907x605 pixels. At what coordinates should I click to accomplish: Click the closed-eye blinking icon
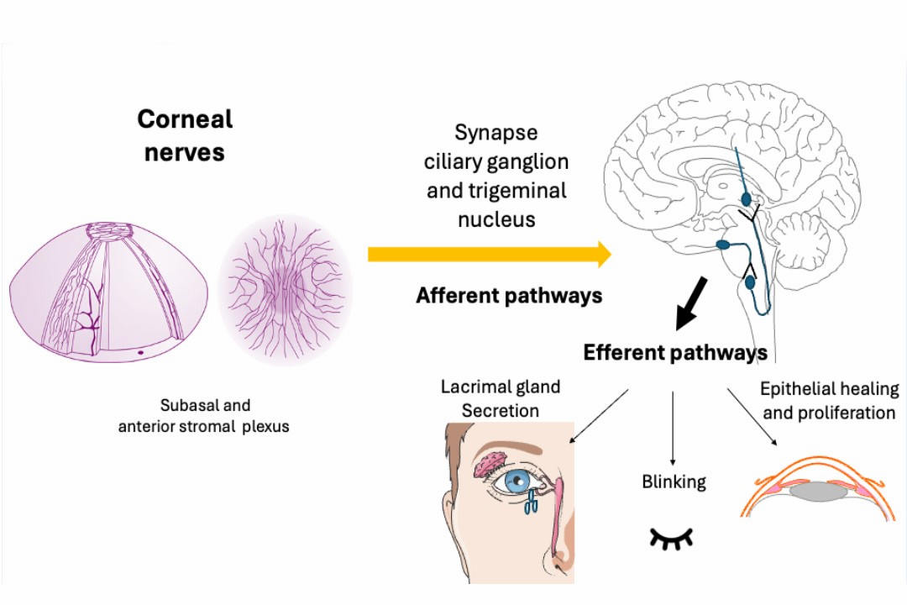click(x=674, y=538)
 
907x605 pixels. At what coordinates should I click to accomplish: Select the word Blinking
click(x=673, y=481)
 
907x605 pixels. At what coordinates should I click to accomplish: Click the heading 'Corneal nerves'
click(x=185, y=134)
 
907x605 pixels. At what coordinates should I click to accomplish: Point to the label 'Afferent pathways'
click(x=509, y=296)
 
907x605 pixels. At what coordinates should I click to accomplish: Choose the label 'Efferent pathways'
click(x=675, y=352)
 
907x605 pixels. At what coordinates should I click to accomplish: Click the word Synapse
click(x=495, y=133)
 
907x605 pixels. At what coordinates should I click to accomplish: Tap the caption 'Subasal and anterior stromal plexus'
click(x=203, y=416)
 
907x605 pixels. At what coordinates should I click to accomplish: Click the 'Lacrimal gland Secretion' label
click(x=501, y=399)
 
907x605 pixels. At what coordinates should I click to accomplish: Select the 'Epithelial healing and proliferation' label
click(x=827, y=401)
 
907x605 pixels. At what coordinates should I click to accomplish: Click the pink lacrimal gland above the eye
click(x=490, y=463)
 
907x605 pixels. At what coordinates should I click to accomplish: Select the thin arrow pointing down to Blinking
click(x=674, y=428)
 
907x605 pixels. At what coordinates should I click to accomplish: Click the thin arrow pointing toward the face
click(x=599, y=416)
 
